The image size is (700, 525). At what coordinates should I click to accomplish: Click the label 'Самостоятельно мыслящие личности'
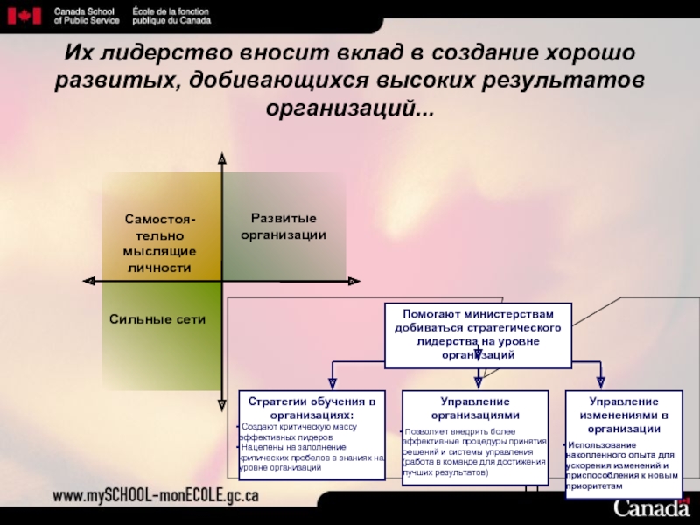(x=158, y=242)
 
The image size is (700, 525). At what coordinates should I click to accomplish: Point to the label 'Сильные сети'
(x=157, y=319)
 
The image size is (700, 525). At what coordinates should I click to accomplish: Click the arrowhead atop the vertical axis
(x=221, y=158)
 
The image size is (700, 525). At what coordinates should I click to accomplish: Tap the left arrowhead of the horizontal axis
(x=88, y=281)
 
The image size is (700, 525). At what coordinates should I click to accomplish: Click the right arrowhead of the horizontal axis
(x=353, y=281)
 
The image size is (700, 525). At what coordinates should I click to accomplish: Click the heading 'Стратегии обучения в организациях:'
(x=311, y=408)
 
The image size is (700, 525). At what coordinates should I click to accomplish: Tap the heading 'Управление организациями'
(x=476, y=408)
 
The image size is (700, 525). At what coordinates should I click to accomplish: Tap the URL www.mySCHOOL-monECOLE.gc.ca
(x=156, y=496)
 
